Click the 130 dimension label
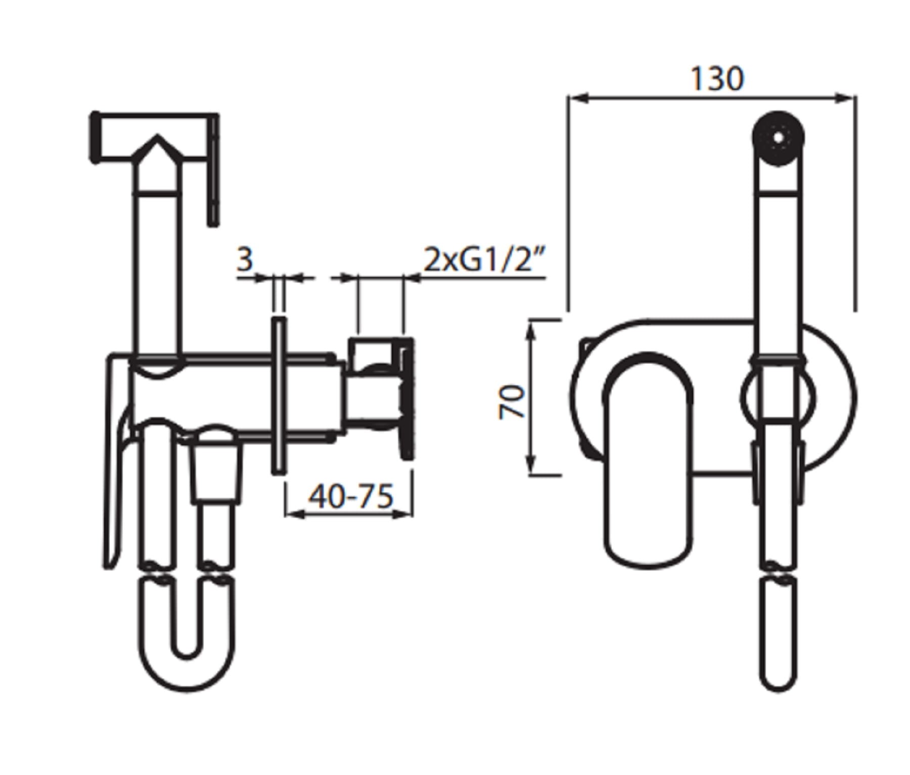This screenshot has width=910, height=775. click(717, 79)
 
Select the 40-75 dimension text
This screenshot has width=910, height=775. click(350, 497)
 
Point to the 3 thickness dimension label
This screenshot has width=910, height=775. click(245, 260)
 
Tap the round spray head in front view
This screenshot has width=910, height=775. click(779, 138)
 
